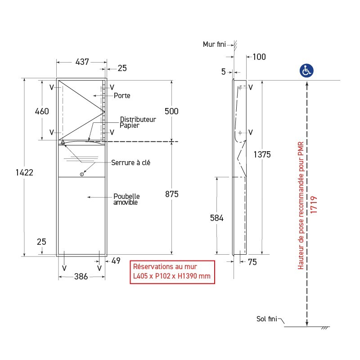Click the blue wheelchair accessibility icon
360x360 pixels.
pyautogui.click(x=306, y=71)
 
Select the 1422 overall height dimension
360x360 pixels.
pyautogui.click(x=24, y=172)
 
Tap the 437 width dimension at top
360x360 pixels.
pyautogui.click(x=82, y=62)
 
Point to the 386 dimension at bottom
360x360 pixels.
pyautogui.click(x=81, y=276)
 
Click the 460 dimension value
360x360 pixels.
pyautogui.click(x=42, y=111)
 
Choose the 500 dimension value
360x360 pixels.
pyautogui.click(x=171, y=111)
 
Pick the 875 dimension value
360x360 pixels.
pyautogui.click(x=172, y=194)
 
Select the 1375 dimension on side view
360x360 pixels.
pyautogui.click(x=262, y=154)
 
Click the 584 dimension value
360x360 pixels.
pyautogui.click(x=217, y=218)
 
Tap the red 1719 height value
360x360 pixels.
pyautogui.click(x=314, y=205)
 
